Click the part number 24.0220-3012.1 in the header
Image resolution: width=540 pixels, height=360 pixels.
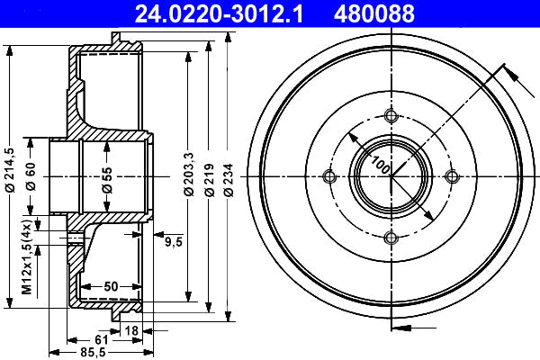[x=219, y=13]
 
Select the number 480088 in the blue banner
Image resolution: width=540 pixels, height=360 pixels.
[x=374, y=13]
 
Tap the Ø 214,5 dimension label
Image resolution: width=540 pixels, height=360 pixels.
[x=10, y=169]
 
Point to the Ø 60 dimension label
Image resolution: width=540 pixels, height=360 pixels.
[x=31, y=176]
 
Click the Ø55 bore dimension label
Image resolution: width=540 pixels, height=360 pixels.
[x=107, y=179]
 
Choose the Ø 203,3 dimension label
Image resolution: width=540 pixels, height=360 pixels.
[x=189, y=174]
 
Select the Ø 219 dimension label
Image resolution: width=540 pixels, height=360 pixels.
[x=209, y=180]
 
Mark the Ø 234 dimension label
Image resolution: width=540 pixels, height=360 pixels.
[x=228, y=180]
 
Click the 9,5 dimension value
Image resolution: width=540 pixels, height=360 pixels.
[x=173, y=242]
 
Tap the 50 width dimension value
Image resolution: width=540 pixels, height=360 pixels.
[x=111, y=286]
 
